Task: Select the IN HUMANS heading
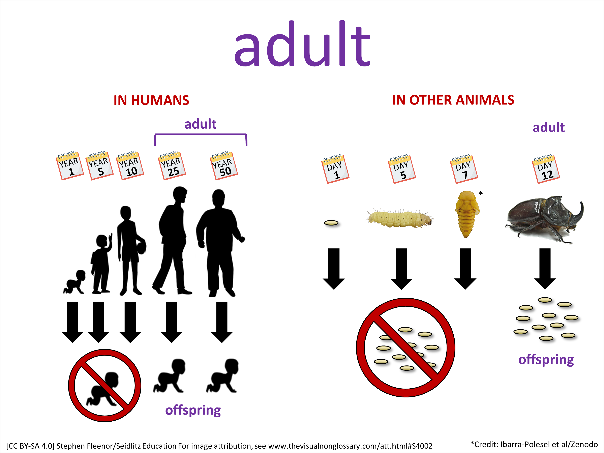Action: [x=151, y=100]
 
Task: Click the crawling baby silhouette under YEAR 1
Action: [x=74, y=282]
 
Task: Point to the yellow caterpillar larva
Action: [x=399, y=218]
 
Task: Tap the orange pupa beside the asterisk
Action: [x=467, y=214]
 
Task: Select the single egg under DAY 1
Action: [x=331, y=223]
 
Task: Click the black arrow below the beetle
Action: [x=545, y=269]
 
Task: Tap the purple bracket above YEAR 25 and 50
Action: [x=200, y=134]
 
